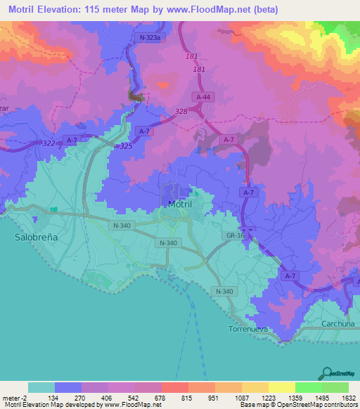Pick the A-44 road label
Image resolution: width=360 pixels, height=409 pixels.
click(x=203, y=97)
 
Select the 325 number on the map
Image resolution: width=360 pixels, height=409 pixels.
click(x=125, y=145)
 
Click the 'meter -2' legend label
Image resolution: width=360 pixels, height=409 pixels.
click(x=15, y=396)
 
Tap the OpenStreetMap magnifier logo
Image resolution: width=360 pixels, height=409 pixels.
click(x=327, y=373)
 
